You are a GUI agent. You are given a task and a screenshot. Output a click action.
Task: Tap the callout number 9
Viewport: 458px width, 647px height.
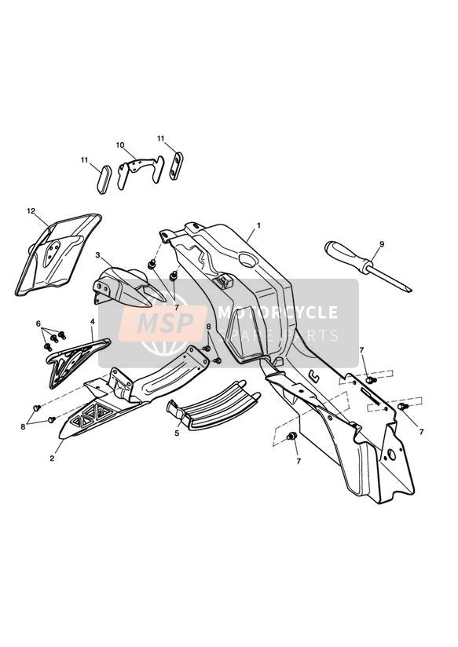pyautogui.click(x=382, y=244)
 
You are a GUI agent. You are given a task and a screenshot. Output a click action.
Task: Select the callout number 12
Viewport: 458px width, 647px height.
pyautogui.click(x=31, y=211)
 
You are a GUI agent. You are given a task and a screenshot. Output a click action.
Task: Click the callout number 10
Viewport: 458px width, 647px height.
pyautogui.click(x=119, y=144)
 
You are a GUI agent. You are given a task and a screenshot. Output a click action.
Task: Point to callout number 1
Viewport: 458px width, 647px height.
pyautogui.click(x=258, y=225)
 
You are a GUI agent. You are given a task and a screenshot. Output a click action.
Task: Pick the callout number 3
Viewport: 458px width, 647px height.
pyautogui.click(x=98, y=255)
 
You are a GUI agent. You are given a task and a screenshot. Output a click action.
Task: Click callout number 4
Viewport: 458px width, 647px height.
pyautogui.click(x=93, y=320)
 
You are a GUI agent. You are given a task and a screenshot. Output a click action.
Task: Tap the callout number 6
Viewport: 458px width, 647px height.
pyautogui.click(x=38, y=323)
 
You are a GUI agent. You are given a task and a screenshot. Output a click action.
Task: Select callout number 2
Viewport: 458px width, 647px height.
pyautogui.click(x=52, y=458)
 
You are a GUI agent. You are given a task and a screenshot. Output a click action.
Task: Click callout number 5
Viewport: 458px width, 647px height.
pyautogui.click(x=177, y=433)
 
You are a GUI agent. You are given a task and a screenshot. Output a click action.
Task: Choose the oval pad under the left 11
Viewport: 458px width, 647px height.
pyautogui.click(x=104, y=180)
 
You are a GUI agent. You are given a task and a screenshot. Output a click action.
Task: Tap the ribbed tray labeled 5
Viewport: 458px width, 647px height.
pyautogui.click(x=214, y=406)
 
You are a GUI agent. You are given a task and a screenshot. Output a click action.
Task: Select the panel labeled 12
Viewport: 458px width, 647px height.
pyautogui.click(x=58, y=254)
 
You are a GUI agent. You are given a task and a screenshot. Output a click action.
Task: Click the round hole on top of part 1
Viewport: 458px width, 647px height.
pyautogui.click(x=248, y=261)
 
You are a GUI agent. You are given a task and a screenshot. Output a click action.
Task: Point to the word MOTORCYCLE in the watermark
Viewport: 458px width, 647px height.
pyautogui.click(x=278, y=313)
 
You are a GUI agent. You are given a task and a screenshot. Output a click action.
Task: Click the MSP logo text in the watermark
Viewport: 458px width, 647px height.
pyautogui.click(x=165, y=323)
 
